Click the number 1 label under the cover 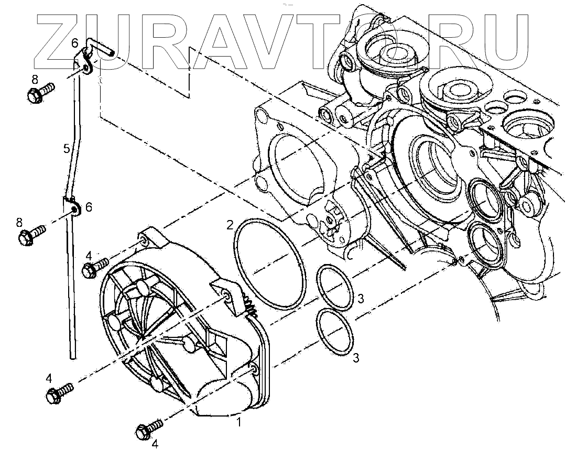[239, 422]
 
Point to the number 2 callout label [230, 225]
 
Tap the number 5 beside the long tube [67, 149]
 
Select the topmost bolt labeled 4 [96, 268]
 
